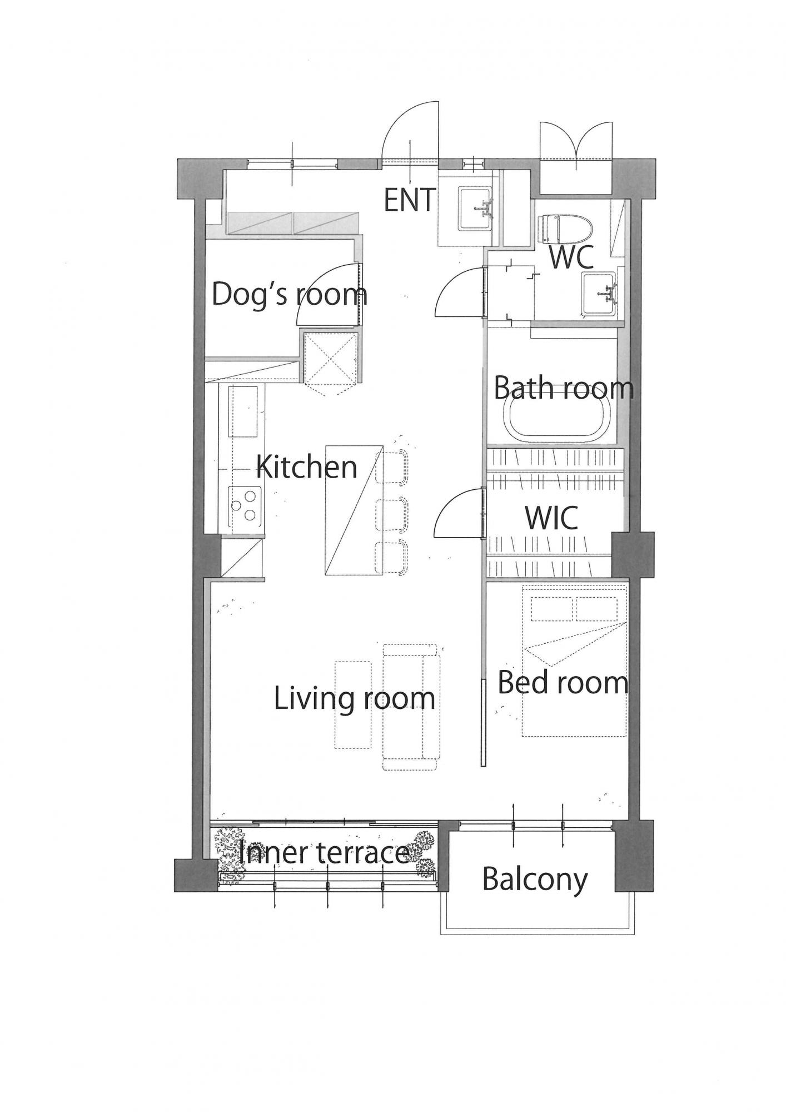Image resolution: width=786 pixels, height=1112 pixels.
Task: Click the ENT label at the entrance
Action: (x=410, y=200)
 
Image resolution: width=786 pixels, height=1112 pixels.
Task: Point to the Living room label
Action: (x=355, y=698)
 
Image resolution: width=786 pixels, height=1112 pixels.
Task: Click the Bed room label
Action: (x=563, y=682)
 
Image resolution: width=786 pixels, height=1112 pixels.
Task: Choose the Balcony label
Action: (x=535, y=880)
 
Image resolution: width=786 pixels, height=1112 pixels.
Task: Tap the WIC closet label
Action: (x=551, y=518)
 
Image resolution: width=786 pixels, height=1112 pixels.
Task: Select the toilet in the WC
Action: (x=566, y=230)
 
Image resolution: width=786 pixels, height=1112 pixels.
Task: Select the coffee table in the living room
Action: (x=352, y=704)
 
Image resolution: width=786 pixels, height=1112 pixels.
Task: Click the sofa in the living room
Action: (x=411, y=707)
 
